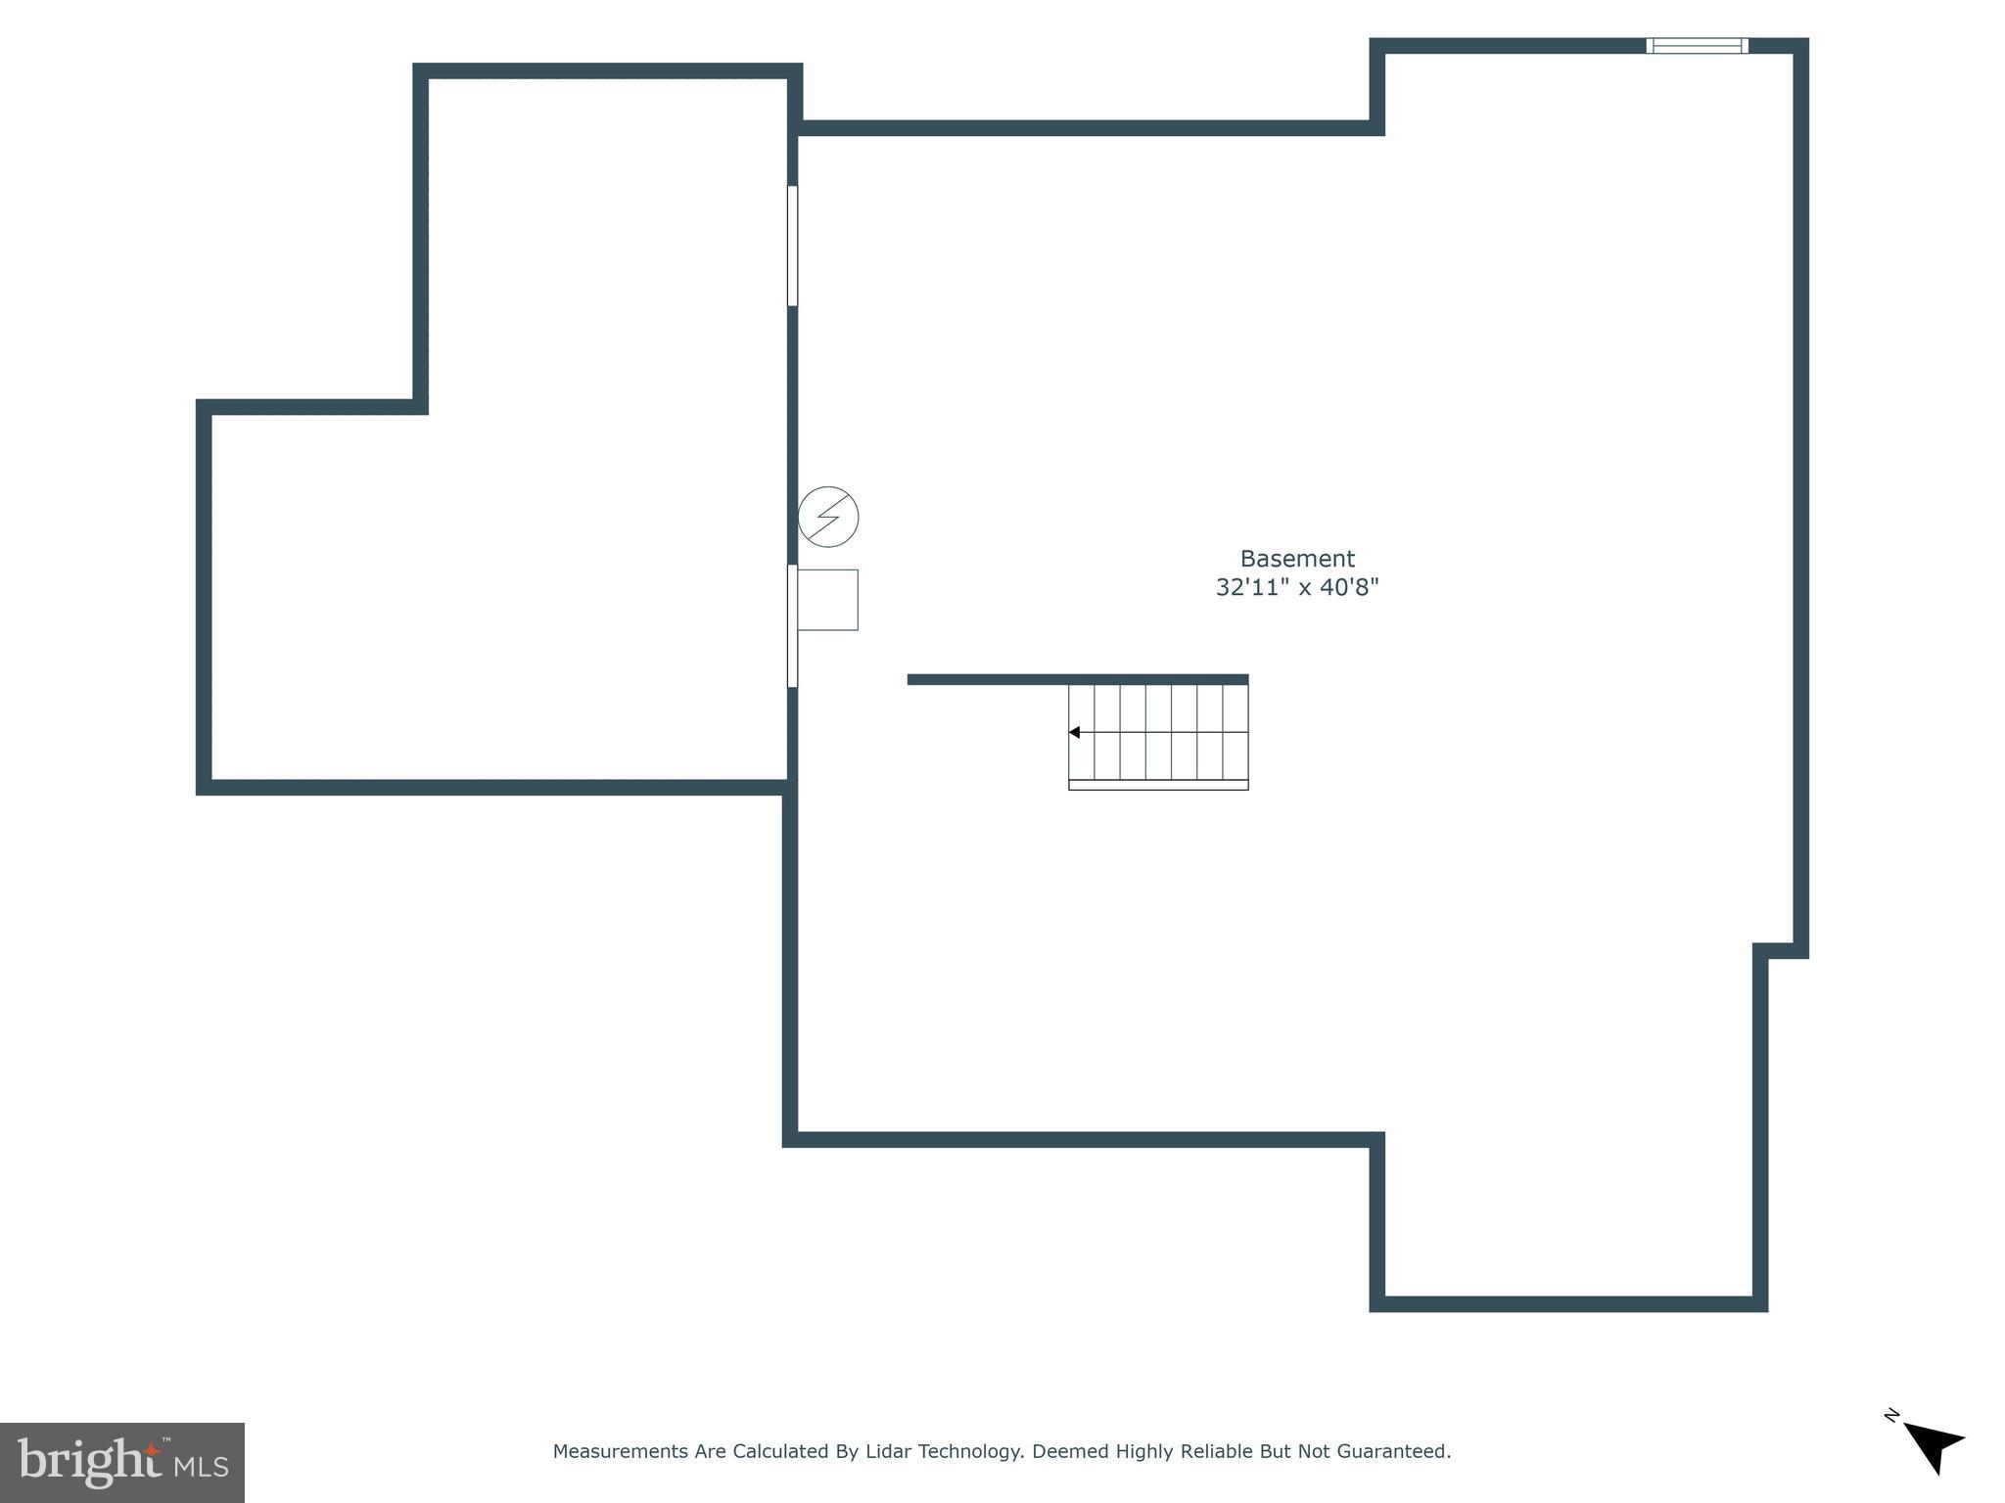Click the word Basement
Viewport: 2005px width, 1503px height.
(x=1297, y=559)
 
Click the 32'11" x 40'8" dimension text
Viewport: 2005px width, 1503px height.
(x=1297, y=587)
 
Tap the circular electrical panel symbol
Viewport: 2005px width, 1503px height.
(x=828, y=517)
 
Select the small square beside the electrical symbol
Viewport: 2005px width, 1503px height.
(x=828, y=600)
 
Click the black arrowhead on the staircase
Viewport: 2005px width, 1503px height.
(x=1074, y=732)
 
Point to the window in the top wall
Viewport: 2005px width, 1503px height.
(x=1697, y=46)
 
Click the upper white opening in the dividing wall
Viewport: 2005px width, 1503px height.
(x=792, y=246)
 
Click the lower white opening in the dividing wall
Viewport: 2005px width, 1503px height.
(x=792, y=626)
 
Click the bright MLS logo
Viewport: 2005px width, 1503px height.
(x=122, y=1463)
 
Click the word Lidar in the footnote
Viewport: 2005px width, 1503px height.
(x=890, y=1452)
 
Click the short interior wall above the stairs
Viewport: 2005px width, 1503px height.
(x=1077, y=679)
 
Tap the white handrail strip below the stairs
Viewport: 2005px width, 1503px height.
(x=1158, y=785)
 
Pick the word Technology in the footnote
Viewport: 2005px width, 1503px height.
(x=971, y=1452)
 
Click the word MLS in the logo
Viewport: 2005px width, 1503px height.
(x=202, y=1467)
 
